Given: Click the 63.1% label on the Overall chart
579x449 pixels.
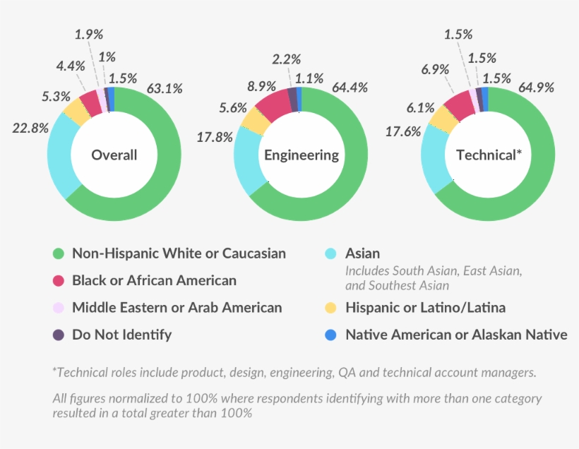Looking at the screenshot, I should [x=165, y=89].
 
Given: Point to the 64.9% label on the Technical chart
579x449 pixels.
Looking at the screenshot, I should [x=536, y=88].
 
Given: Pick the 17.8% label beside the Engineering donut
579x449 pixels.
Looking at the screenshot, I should [x=215, y=138].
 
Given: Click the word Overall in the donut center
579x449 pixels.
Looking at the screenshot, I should [x=114, y=155].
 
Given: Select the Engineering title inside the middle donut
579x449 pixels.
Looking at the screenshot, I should [x=302, y=155].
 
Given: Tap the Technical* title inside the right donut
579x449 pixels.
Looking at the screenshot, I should [x=489, y=155].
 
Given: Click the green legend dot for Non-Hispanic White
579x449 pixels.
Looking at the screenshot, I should [x=59, y=253].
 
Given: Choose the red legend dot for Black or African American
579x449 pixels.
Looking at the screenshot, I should [x=59, y=281].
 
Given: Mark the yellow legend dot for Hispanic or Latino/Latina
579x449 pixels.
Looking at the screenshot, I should [x=331, y=308].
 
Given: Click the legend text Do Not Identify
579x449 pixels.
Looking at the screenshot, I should [x=121, y=335].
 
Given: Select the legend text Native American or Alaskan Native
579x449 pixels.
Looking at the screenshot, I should [x=456, y=335].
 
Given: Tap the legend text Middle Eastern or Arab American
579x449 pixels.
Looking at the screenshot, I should [x=177, y=308].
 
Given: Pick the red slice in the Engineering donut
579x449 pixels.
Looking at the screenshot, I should [x=273, y=104].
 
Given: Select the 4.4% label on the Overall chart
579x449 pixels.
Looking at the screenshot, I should [x=71, y=66].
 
